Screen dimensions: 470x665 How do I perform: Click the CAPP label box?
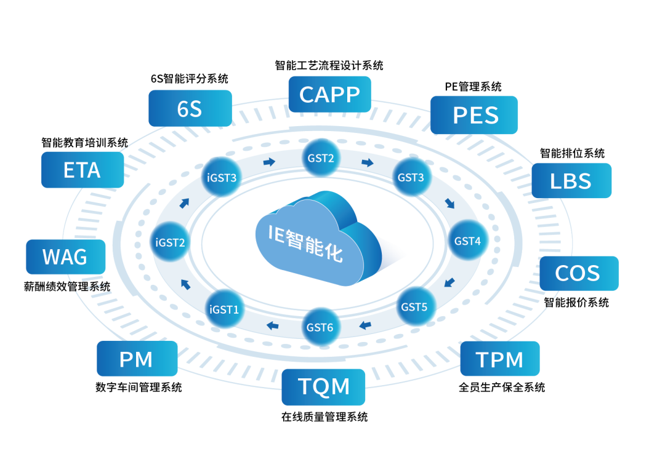pyautogui.click(x=329, y=94)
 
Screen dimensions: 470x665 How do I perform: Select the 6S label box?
pyautogui.click(x=190, y=108)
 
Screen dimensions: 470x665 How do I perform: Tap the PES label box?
pyautogui.click(x=474, y=115)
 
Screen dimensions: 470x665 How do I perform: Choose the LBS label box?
pyautogui.click(x=571, y=180)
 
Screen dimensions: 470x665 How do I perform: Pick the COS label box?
pyautogui.click(x=579, y=273)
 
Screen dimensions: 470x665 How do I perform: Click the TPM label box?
pyautogui.click(x=500, y=359)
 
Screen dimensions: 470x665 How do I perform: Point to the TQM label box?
pyautogui.click(x=323, y=387)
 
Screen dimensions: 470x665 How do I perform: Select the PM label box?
pyautogui.click(x=137, y=359)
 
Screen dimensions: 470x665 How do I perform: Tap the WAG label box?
pyautogui.click(x=65, y=257)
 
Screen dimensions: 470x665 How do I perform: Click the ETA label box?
pyautogui.click(x=83, y=170)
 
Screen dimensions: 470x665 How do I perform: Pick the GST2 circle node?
pyautogui.click(x=321, y=158)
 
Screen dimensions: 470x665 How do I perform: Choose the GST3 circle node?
pyautogui.click(x=411, y=177)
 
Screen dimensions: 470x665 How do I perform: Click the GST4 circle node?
pyautogui.click(x=468, y=241)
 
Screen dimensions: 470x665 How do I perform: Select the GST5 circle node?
pyautogui.click(x=416, y=306)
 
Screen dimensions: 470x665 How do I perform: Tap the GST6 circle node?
pyautogui.click(x=321, y=327)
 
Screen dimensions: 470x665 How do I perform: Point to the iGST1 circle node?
pyautogui.click(x=224, y=309)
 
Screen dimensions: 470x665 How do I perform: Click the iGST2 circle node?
pyautogui.click(x=170, y=242)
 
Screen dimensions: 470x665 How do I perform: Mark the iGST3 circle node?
pyautogui.click(x=222, y=178)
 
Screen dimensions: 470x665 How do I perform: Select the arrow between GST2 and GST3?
pyautogui.click(x=368, y=162)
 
